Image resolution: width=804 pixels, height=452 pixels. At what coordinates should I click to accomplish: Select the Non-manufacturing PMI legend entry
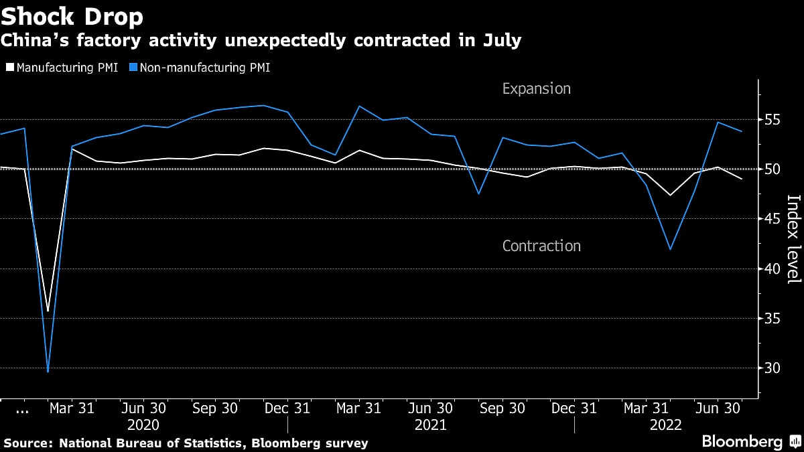point(201,68)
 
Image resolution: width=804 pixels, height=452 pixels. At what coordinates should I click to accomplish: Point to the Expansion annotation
point(536,88)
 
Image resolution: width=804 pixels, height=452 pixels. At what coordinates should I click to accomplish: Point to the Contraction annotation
point(541,246)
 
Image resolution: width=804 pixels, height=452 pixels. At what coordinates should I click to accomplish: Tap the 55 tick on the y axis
point(773,120)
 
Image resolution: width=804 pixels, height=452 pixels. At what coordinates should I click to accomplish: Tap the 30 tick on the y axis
point(773,368)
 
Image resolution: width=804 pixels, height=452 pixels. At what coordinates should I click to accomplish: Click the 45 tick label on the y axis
point(773,219)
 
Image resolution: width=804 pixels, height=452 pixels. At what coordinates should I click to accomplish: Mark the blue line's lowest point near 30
point(48,371)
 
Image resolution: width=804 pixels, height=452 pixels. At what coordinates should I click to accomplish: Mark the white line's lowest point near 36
point(48,311)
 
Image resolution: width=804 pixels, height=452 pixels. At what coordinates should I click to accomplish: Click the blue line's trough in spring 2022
point(670,249)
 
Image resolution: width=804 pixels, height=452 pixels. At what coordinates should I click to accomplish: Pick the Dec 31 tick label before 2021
point(287,408)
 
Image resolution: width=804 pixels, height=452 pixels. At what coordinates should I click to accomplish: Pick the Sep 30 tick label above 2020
point(215,408)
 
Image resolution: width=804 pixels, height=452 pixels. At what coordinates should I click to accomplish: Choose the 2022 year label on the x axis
point(666,425)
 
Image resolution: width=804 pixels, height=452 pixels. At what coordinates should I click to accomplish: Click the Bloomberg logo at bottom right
point(742,442)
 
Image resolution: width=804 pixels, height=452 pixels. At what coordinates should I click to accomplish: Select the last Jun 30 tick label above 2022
point(717,408)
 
